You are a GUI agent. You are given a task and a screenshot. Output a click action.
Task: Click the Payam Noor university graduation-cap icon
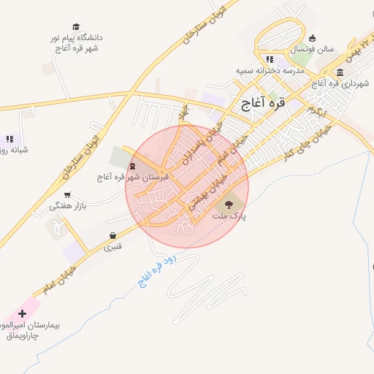(77, 26)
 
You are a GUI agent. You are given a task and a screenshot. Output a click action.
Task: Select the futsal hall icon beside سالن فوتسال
(313, 39)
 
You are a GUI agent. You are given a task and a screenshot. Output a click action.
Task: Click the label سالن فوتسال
(313, 50)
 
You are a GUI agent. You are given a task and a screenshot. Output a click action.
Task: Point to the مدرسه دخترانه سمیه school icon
(270, 59)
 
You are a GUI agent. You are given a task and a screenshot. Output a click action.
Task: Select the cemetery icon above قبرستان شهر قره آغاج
(131, 167)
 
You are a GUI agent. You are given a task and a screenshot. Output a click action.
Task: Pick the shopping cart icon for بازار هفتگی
(68, 195)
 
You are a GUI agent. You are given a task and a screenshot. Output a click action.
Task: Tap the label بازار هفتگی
(68, 206)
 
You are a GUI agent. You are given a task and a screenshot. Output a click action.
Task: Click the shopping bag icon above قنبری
(112, 236)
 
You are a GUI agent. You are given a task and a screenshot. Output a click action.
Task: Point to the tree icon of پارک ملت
(230, 205)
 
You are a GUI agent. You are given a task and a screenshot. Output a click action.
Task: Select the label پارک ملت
(230, 216)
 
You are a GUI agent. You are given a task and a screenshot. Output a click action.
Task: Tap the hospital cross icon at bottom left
(23, 313)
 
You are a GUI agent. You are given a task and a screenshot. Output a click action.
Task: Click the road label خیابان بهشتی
(206, 192)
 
